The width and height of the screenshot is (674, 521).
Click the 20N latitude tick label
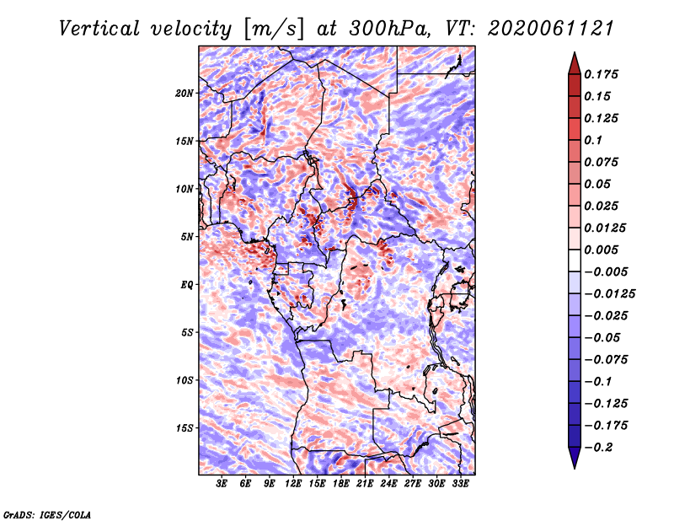185,93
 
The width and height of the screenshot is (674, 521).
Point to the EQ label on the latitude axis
186,284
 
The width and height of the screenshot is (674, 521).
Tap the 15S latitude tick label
185,428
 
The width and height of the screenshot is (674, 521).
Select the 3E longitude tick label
222,483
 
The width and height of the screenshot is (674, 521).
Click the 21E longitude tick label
365,483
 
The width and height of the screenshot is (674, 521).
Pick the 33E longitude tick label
460,483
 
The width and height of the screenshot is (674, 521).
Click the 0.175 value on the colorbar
601,74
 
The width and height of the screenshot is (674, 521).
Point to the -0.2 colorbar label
598,448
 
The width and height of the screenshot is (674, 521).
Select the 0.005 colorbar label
601,250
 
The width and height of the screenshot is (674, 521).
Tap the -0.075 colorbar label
606,360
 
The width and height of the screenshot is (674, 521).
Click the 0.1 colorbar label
593,140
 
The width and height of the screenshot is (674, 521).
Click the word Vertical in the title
99,29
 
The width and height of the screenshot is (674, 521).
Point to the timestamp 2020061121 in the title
550,29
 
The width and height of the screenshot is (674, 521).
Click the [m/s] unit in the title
274,30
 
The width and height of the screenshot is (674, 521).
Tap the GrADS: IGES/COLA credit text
47,514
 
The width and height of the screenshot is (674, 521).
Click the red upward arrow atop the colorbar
575,63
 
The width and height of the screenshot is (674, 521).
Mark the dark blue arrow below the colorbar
575,458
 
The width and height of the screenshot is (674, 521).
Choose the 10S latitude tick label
185,380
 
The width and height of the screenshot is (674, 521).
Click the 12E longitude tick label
292,483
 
